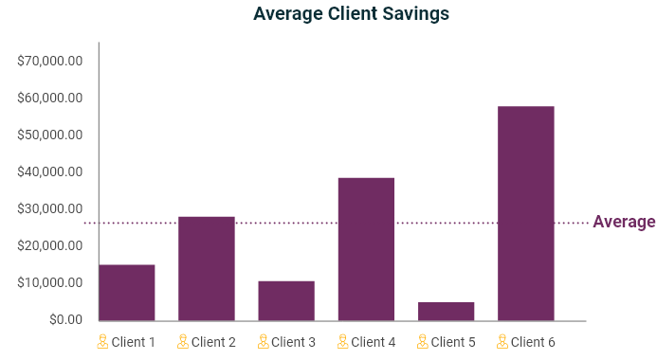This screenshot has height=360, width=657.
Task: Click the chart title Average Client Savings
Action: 351,14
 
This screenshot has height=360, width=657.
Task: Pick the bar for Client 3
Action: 286,300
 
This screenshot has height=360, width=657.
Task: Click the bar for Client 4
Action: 366,249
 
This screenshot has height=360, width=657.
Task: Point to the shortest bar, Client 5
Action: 446,311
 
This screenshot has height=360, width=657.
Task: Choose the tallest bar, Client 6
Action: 525,213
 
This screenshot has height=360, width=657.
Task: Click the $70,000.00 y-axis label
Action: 50,62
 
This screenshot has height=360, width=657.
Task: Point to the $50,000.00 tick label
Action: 50,135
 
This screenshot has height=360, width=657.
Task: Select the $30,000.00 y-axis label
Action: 50,209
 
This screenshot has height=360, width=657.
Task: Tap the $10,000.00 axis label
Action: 50,283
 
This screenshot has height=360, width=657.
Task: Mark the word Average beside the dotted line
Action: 624,223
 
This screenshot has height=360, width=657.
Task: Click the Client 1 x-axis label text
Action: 133,342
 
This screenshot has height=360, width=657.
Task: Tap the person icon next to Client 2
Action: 182,341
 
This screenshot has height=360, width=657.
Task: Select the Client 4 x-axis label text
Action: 373,342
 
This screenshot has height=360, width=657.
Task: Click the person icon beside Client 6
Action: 502,341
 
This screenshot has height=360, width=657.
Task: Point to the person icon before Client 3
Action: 262,341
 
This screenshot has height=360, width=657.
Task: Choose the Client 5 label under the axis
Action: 452,342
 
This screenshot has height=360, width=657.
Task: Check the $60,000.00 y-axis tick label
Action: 50,99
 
